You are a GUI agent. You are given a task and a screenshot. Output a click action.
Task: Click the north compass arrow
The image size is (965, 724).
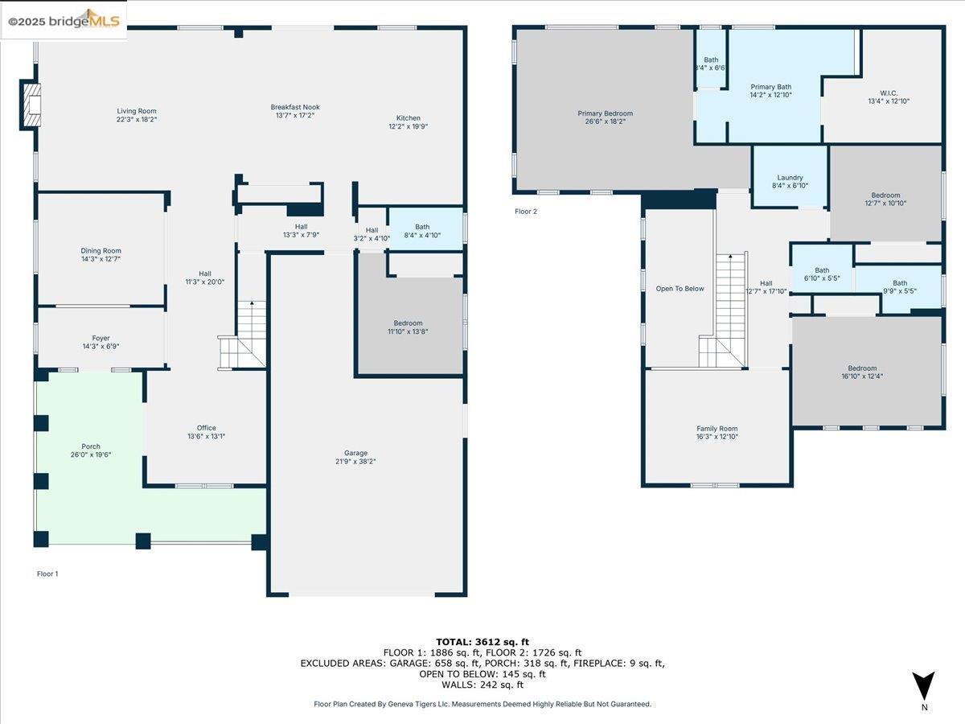(924, 685)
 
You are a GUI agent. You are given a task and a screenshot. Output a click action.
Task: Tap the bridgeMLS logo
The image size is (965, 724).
(64, 20)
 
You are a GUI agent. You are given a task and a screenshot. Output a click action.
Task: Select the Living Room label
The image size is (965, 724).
(137, 111)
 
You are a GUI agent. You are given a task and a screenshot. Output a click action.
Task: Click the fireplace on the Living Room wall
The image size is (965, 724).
(31, 105)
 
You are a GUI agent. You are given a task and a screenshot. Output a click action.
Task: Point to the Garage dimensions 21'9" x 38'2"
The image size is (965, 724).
(355, 462)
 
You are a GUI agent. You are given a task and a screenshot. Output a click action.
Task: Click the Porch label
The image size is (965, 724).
(91, 446)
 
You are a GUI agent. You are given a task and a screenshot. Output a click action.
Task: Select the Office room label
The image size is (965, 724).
(207, 428)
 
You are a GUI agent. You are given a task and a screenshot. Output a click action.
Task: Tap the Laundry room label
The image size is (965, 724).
(790, 178)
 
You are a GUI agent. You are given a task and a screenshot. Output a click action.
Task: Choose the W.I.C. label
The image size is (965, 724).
(888, 93)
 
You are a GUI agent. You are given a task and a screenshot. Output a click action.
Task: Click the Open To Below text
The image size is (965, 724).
(680, 288)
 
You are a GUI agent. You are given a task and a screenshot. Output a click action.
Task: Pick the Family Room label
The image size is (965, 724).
(717, 429)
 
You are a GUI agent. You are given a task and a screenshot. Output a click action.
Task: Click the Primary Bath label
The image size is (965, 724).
(770, 87)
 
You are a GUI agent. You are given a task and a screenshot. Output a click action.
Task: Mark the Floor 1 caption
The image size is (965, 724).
(47, 574)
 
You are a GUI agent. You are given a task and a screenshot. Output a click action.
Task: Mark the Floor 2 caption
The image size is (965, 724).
(525, 212)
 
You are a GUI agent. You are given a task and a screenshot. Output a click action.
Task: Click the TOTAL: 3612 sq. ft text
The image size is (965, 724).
(482, 641)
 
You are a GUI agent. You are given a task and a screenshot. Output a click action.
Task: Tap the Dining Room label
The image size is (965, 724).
(101, 251)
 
